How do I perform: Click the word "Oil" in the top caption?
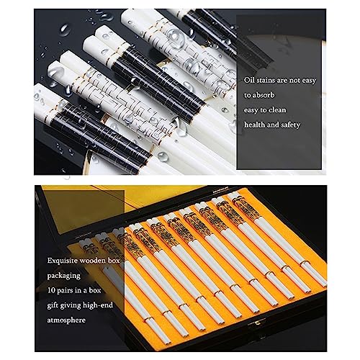pyautogui.click(x=248, y=80)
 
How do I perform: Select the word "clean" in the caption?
pyautogui.click(x=277, y=110)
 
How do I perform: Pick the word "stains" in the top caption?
pyautogui.click(x=265, y=80)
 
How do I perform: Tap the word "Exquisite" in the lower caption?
pyautogui.click(x=62, y=261)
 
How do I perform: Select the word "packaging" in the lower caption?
pyautogui.click(x=63, y=276)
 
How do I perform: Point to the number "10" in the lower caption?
pyautogui.click(x=51, y=290)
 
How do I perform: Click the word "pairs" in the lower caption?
pyautogui.click(x=65, y=291)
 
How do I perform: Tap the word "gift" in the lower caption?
pyautogui.click(x=53, y=305)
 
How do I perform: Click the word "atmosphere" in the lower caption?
pyautogui.click(x=66, y=320)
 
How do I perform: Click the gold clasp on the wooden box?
pyautogui.click(x=258, y=323)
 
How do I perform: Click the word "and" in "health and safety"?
pyautogui.click(x=273, y=125)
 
